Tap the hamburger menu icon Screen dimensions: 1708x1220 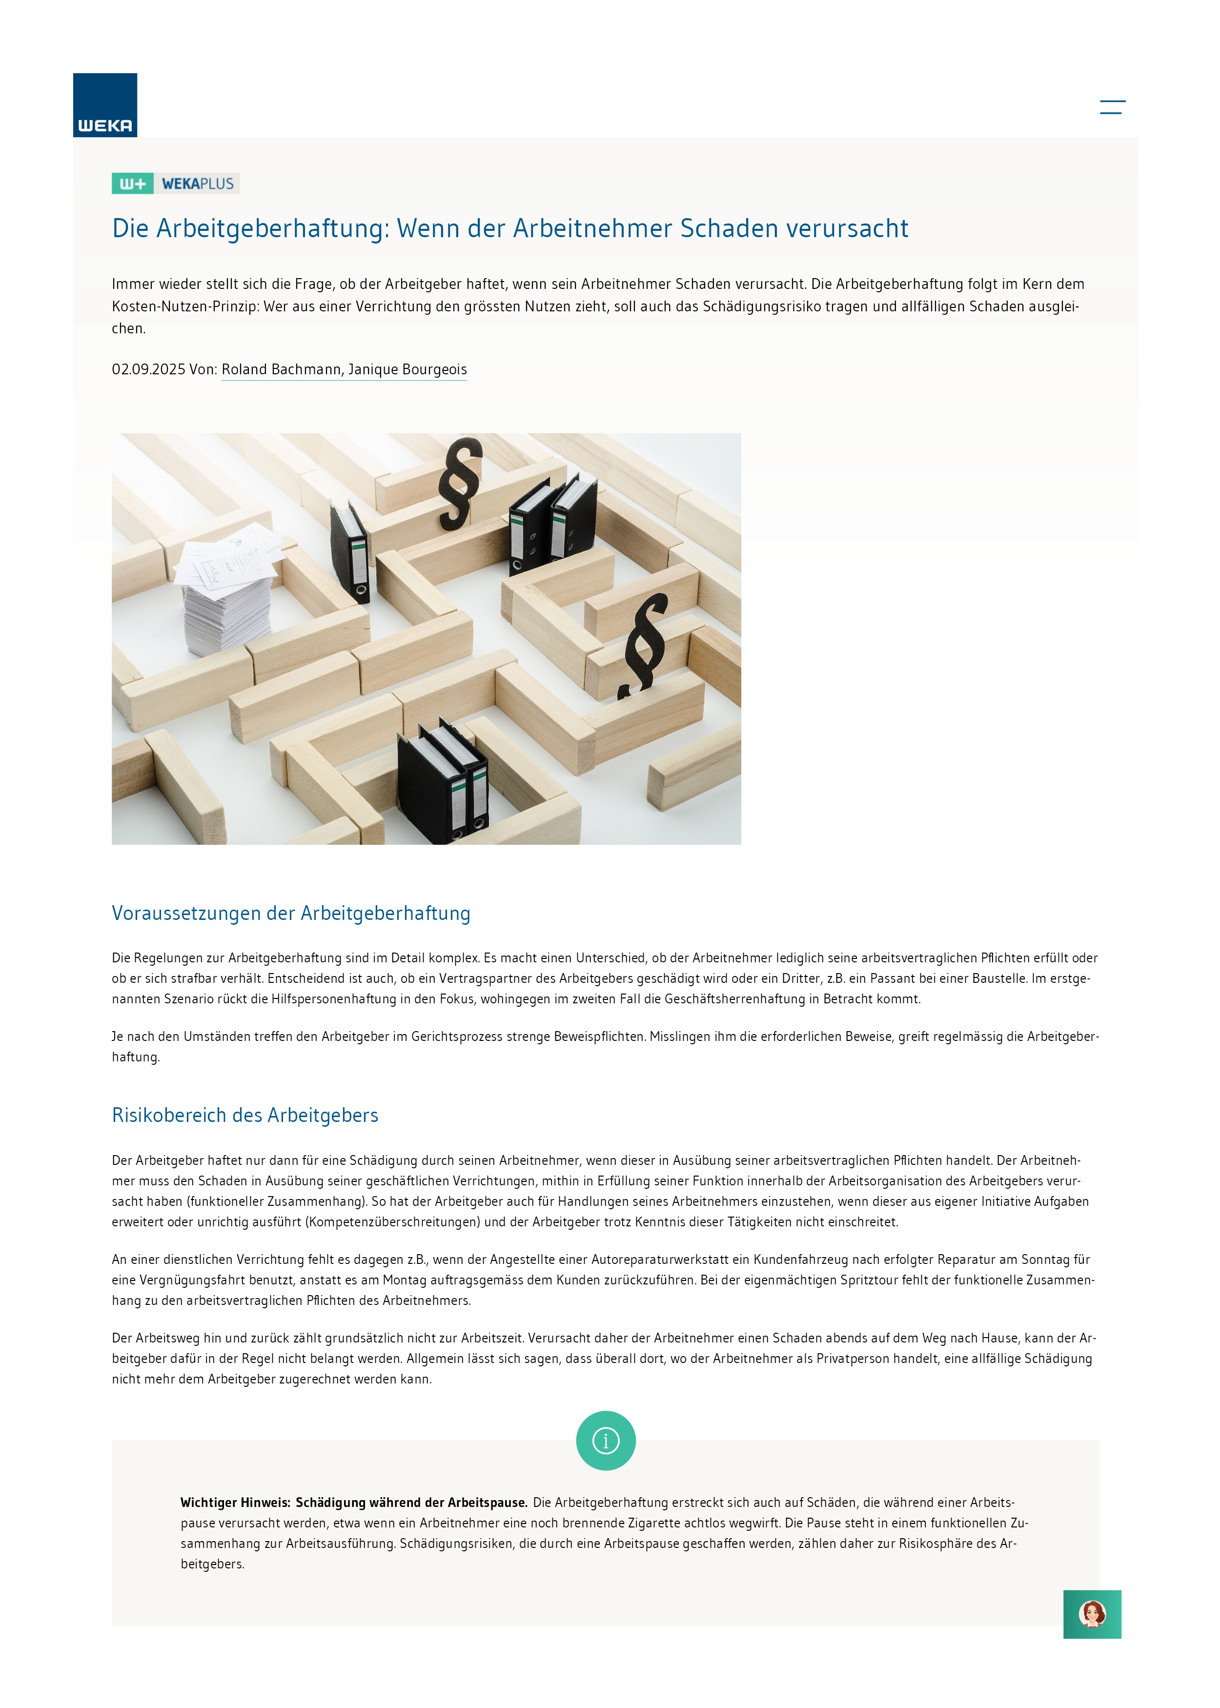click(x=1112, y=107)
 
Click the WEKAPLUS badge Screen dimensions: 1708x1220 click(x=176, y=183)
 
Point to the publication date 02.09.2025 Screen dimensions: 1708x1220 click(x=148, y=369)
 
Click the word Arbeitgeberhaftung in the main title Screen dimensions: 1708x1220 click(x=273, y=228)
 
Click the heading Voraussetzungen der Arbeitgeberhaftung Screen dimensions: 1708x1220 click(x=291, y=914)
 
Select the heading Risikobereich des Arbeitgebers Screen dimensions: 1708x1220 click(x=245, y=1116)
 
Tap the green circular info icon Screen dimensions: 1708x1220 click(x=606, y=1441)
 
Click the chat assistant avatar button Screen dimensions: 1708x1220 click(x=1092, y=1614)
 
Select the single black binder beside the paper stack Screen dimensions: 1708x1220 click(x=350, y=550)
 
